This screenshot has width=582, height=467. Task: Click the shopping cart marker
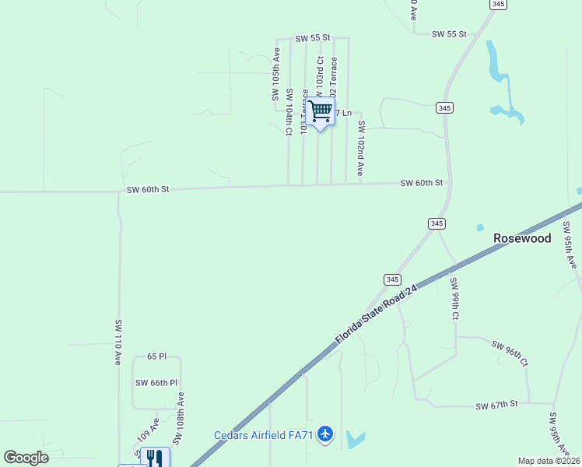pyautogui.click(x=320, y=111)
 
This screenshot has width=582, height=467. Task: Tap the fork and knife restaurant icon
pyautogui.click(x=155, y=458)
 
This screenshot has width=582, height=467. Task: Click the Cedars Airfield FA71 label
pyautogui.click(x=264, y=435)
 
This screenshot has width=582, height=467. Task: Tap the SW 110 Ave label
pyautogui.click(x=119, y=342)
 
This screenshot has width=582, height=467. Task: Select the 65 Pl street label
pyautogui.click(x=156, y=356)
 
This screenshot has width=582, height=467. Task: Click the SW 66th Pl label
pyautogui.click(x=156, y=383)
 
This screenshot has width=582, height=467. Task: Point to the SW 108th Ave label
pyautogui.click(x=180, y=418)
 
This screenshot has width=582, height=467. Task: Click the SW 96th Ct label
pyautogui.click(x=510, y=353)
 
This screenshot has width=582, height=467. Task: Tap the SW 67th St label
pyautogui.click(x=496, y=405)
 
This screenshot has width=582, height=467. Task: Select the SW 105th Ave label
pyautogui.click(x=275, y=74)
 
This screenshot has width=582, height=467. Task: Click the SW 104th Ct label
pyautogui.click(x=289, y=113)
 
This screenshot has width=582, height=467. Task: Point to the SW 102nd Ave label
pyautogui.click(x=361, y=148)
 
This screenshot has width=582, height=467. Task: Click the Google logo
pyautogui.click(x=26, y=458)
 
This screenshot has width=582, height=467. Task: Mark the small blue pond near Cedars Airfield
pyautogui.click(x=355, y=440)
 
